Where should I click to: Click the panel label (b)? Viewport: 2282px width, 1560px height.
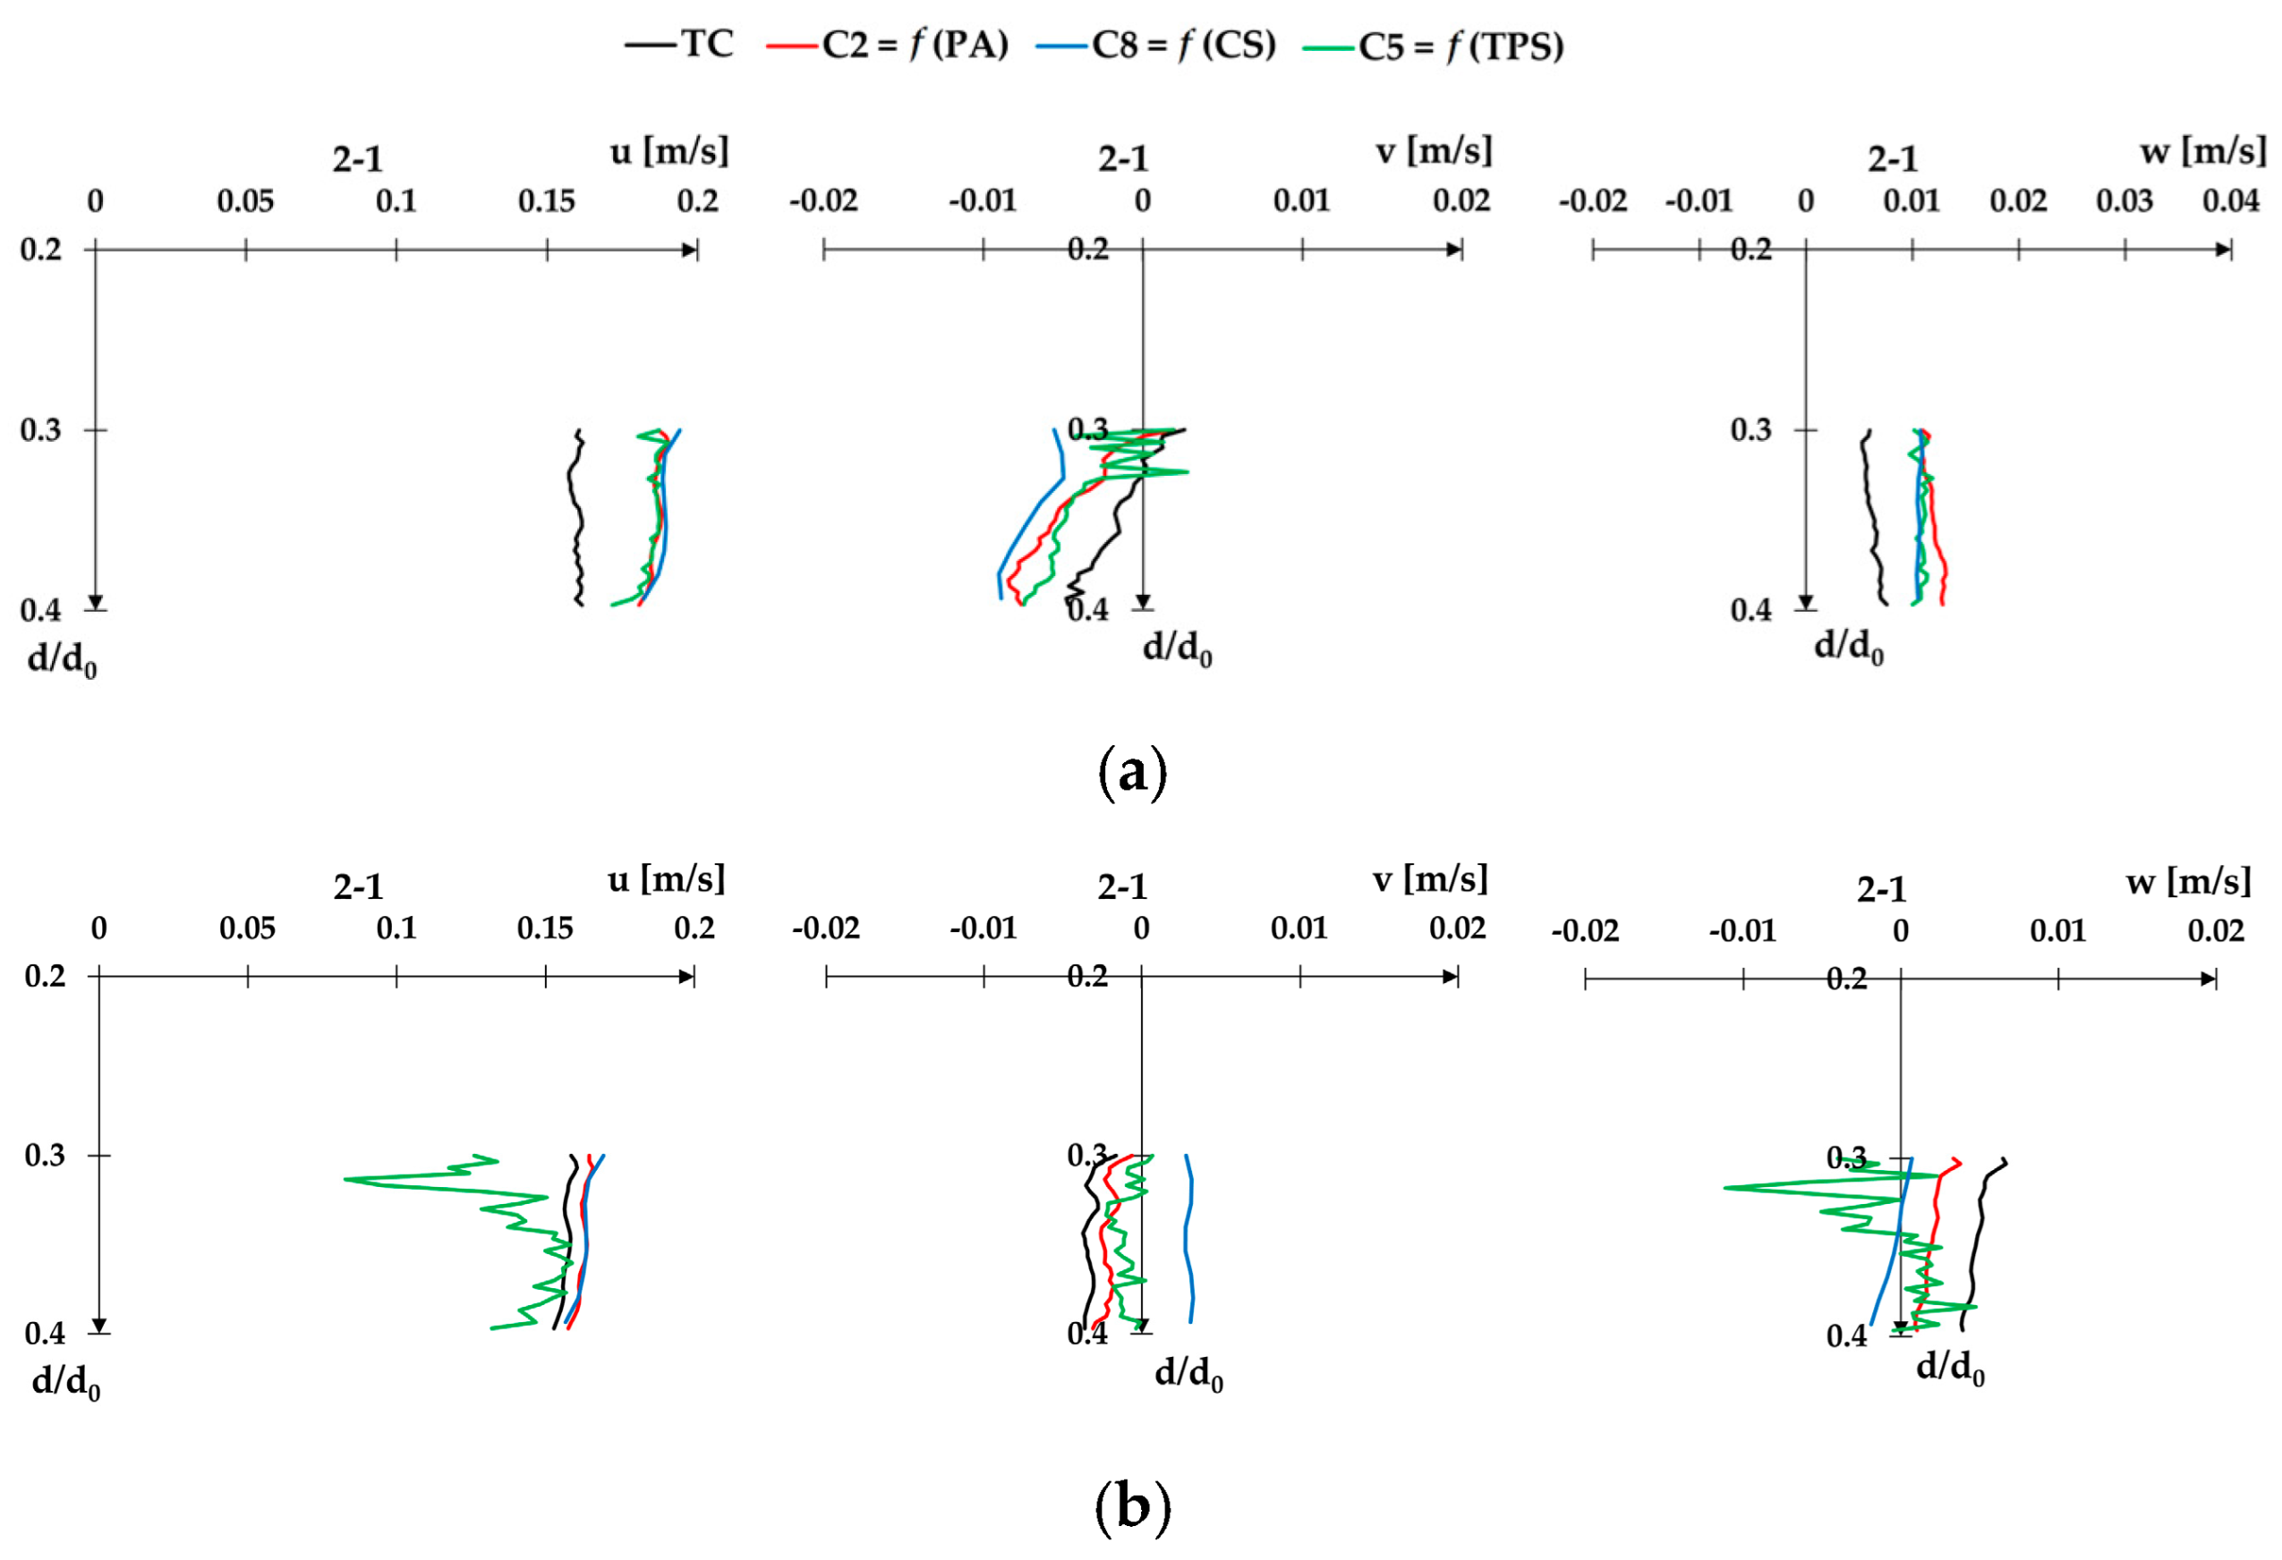click(x=1131, y=1506)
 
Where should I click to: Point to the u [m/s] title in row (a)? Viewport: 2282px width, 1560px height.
click(x=668, y=151)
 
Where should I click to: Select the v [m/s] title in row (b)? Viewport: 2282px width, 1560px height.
click(x=1430, y=878)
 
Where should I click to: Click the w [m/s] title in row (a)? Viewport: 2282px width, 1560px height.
click(x=2202, y=151)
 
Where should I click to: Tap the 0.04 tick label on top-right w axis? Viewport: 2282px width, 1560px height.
click(x=2230, y=200)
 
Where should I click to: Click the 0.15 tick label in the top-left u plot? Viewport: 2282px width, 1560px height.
click(x=546, y=201)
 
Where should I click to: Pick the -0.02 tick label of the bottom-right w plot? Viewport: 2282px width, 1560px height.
click(x=1585, y=929)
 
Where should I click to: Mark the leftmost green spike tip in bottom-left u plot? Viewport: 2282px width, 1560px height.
click(x=346, y=1178)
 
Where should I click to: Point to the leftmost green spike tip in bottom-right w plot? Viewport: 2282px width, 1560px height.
click(x=1726, y=1188)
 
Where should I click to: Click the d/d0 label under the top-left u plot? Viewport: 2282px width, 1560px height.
click(x=62, y=661)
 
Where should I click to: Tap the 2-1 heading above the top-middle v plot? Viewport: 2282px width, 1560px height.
click(x=1122, y=159)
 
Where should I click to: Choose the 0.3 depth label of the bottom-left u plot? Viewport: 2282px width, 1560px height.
click(x=45, y=1156)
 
